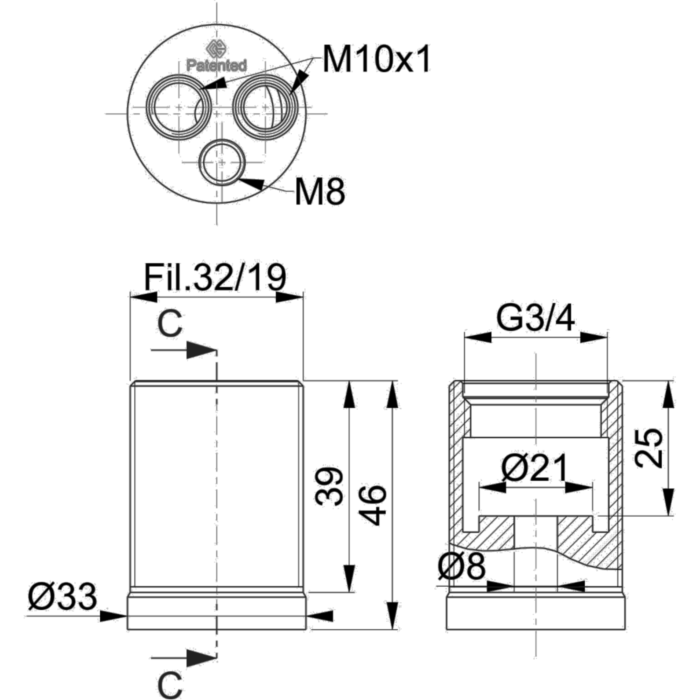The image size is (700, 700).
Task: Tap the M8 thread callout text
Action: [x=320, y=191]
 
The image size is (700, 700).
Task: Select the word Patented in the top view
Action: [x=217, y=65]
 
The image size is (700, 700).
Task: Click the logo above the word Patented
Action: [x=216, y=49]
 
